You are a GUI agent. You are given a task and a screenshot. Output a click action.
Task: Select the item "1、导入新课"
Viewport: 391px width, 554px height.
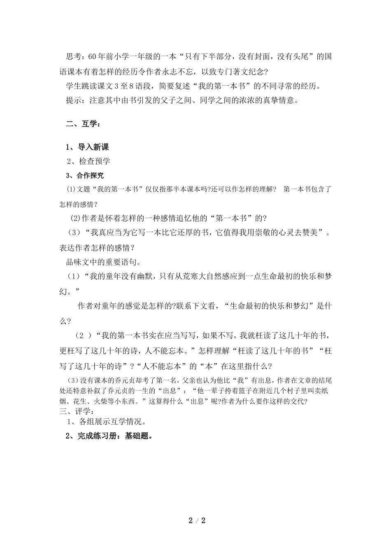coord(87,147)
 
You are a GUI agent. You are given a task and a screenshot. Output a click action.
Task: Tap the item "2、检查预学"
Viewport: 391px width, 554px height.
coord(88,161)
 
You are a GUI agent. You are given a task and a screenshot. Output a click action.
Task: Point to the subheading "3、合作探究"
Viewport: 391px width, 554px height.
coord(85,176)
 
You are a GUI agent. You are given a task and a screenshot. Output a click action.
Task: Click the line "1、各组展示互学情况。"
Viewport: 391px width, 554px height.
coord(107,422)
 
